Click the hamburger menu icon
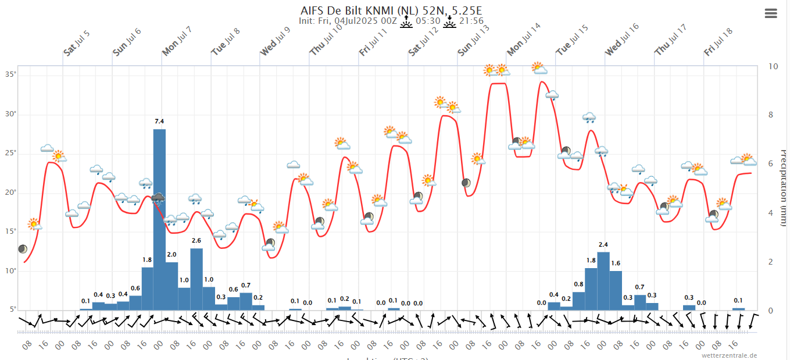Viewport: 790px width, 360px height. (771, 13)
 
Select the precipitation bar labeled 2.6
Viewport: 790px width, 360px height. (196, 279)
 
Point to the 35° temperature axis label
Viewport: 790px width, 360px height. (11, 74)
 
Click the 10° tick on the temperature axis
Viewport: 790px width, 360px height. (11, 271)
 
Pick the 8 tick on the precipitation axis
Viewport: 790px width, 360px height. (774, 115)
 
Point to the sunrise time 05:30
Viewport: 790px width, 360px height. (427, 22)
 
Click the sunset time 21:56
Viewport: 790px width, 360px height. (471, 22)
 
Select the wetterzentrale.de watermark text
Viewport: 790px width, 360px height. (730, 355)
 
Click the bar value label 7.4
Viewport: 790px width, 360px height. (159, 121)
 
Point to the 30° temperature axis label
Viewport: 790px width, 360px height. (11, 114)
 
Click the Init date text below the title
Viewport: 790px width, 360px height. (348, 22)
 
